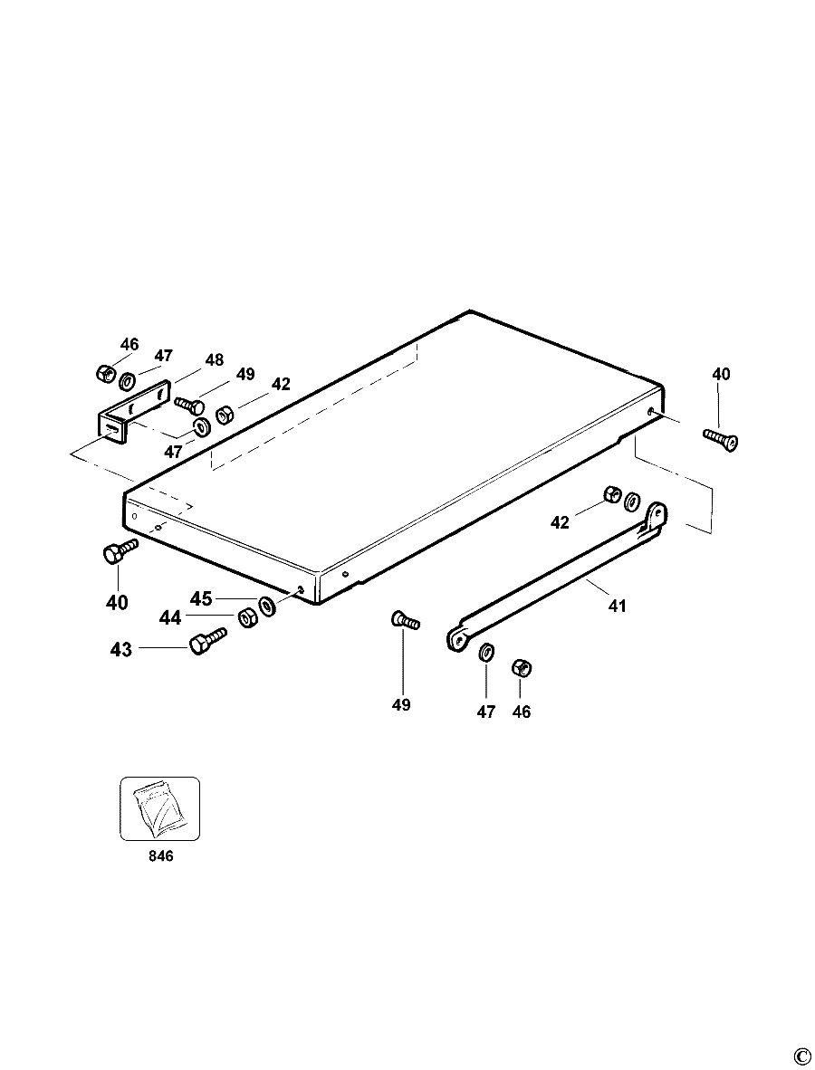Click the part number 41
617,606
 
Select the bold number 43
121,650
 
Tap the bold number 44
170,618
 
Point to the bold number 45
201,599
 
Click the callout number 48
215,360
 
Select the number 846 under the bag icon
160,855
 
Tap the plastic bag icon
160,810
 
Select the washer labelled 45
266,606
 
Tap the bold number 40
117,603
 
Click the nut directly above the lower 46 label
522,668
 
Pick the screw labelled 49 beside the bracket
190,405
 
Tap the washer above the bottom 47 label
486,652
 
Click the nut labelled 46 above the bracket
104,373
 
